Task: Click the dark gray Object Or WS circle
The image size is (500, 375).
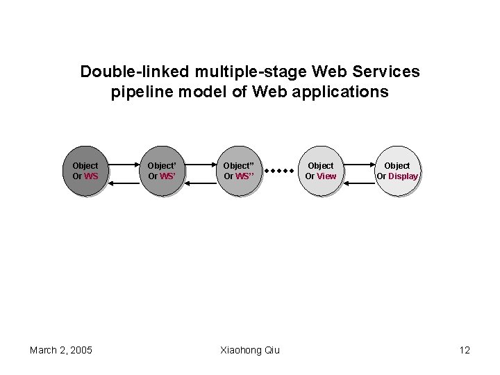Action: [x=85, y=171]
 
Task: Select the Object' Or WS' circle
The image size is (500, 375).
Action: [x=162, y=171]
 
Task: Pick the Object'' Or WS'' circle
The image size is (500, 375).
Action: [x=239, y=171]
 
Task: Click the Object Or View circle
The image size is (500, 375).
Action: [x=320, y=171]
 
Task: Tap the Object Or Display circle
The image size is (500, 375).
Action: [x=397, y=171]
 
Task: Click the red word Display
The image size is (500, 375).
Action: [x=403, y=176]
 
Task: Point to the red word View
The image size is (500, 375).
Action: [x=326, y=176]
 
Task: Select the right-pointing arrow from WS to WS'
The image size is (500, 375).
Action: [x=123, y=165]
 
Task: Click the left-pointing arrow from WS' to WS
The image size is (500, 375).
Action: [x=123, y=183]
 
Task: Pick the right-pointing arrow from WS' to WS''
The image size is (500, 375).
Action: [x=200, y=165]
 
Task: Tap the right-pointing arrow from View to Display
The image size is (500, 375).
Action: [x=358, y=165]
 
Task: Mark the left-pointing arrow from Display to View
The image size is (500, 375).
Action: [x=358, y=183]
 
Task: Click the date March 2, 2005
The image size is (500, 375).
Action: [x=61, y=350]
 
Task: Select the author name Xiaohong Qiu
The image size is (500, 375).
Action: [x=250, y=350]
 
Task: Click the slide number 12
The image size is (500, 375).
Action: [x=465, y=350]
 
